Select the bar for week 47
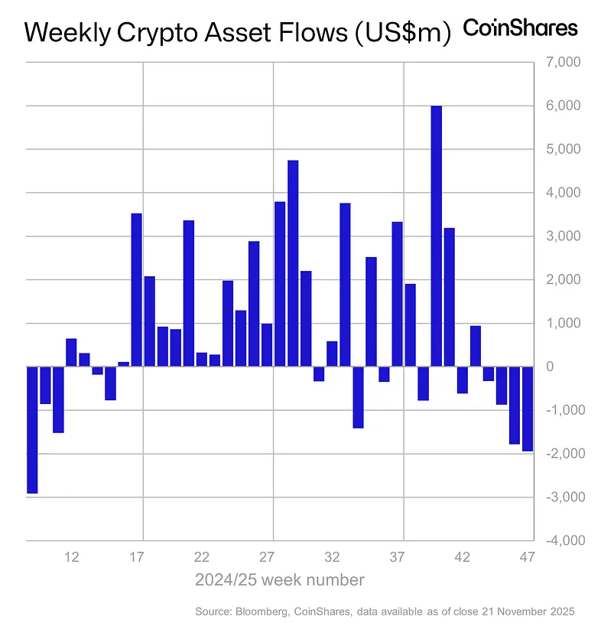coord(528,409)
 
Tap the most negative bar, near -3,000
coord(32,429)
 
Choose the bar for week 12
coord(71,352)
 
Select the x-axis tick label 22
coord(202,556)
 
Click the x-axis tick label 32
coord(332,556)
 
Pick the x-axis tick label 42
coord(463,556)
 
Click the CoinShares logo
coord(521,28)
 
